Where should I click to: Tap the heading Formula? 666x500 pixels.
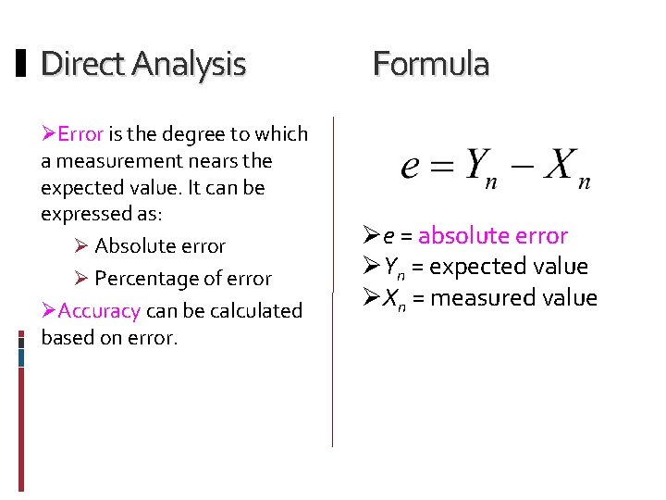click(x=430, y=64)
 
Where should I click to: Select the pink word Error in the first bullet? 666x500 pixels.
click(x=80, y=134)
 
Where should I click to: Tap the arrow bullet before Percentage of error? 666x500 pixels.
click(x=80, y=279)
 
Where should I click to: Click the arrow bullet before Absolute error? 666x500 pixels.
click(x=80, y=246)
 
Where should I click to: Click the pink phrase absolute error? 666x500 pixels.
click(x=492, y=236)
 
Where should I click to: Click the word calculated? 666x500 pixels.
click(x=253, y=311)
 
